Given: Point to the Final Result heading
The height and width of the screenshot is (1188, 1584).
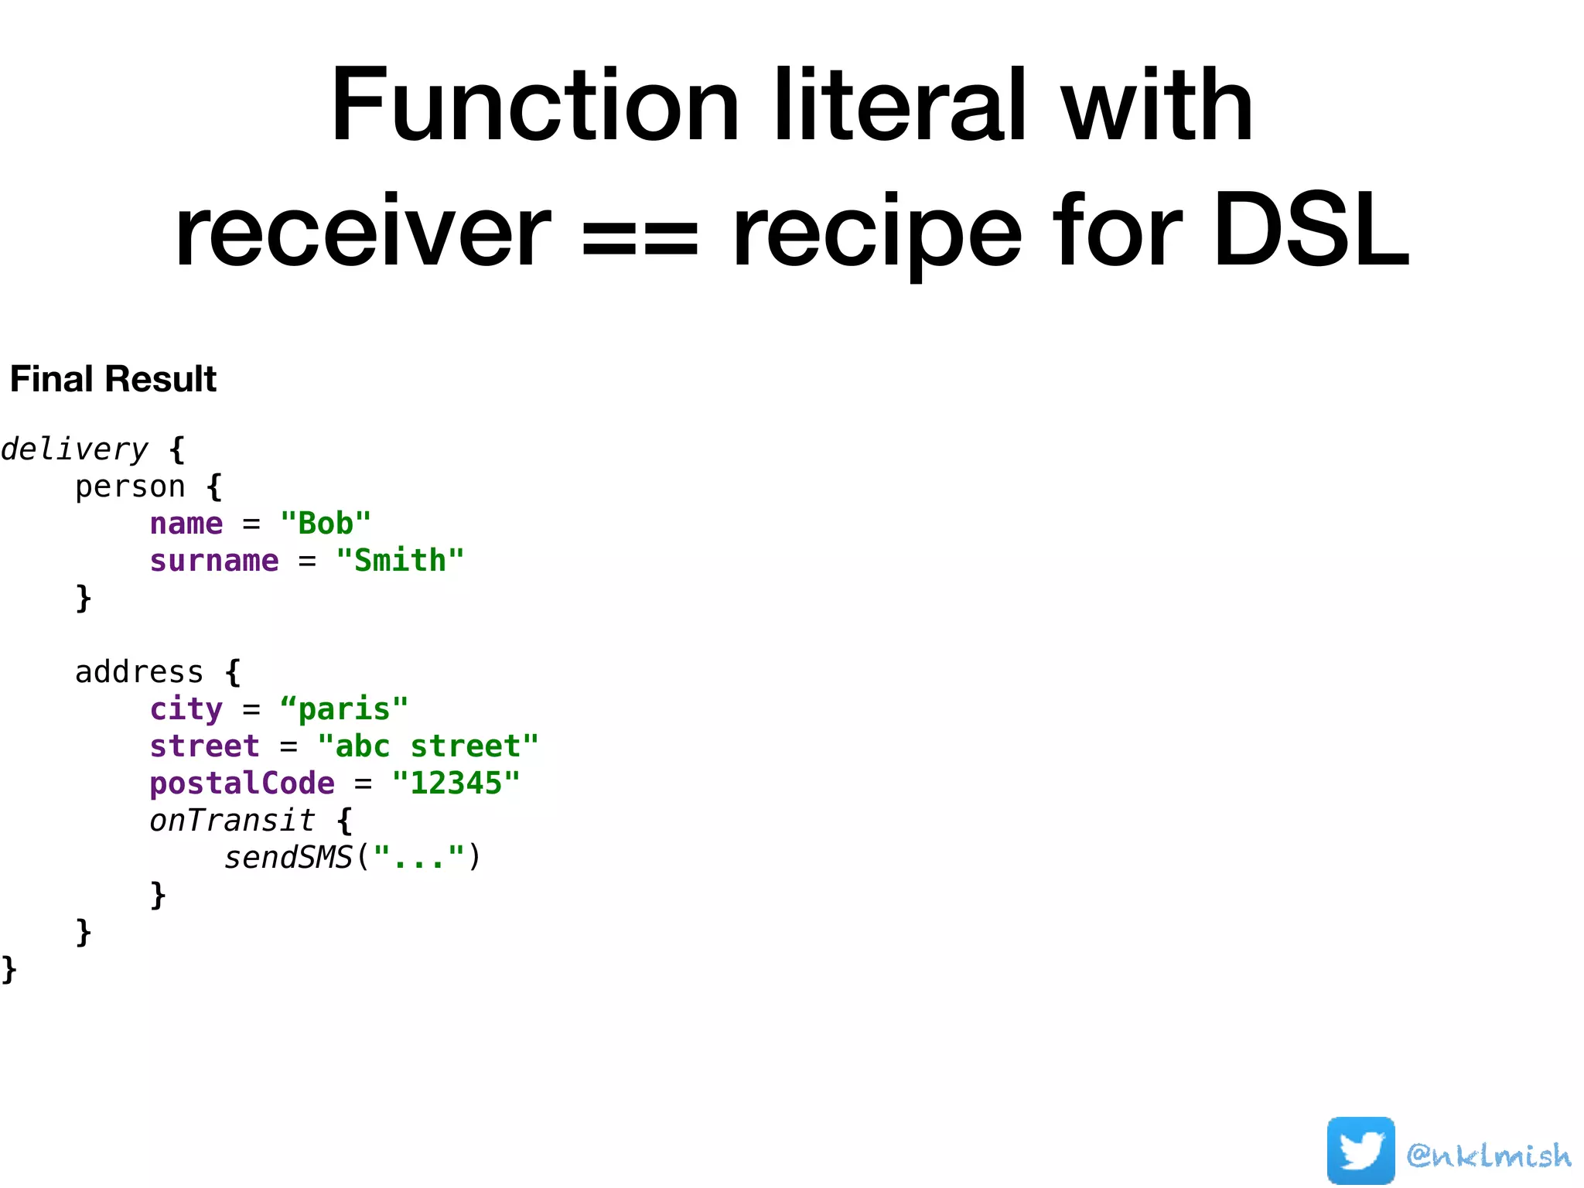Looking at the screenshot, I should pos(113,379).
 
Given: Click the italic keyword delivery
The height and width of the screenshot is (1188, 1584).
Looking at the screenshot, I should pos(74,449).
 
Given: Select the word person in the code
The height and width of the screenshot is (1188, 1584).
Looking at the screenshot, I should pos(130,487).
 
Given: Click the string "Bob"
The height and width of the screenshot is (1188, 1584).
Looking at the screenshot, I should pos(326,524).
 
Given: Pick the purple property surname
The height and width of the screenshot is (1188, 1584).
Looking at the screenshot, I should pos(214,561).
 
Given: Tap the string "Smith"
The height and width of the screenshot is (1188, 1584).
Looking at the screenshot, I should pos(400,561).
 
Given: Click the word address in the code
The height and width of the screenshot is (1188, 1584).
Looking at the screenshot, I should pos(139,672).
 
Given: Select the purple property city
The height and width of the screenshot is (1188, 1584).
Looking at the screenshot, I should pos(186,709).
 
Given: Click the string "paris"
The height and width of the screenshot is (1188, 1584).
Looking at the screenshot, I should pos(344,709).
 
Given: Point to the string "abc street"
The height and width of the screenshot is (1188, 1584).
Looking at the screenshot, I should pos(428,746).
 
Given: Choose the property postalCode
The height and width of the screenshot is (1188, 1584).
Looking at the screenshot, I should pos(242,783).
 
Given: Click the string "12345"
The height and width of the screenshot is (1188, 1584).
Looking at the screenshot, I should pos(456,783).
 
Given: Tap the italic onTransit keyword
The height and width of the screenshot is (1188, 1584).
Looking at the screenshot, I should pos(232,821).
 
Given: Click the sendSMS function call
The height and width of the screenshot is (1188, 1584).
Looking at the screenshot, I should pos(288,858).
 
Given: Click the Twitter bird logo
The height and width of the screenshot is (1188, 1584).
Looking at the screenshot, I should pos(1360,1151).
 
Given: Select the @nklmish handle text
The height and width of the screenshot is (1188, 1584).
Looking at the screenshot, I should pos(1489,1156).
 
